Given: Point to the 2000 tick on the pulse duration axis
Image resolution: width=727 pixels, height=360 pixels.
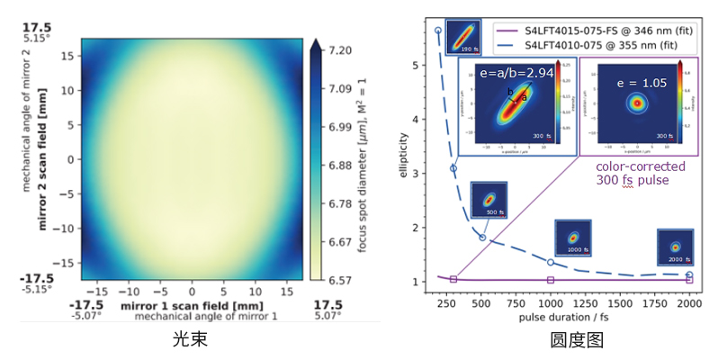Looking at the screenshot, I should coord(689,304).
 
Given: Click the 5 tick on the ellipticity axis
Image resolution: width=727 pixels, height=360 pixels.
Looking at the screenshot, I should coord(417,66).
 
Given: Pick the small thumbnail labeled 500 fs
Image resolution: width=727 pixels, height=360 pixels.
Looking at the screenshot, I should coord(489,200).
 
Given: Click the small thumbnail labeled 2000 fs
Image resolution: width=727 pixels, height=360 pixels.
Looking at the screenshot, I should coord(675,246).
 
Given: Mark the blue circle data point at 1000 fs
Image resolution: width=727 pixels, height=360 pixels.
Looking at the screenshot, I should coord(551,262).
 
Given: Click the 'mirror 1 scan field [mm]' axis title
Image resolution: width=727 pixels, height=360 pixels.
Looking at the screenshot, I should coord(191,306).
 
